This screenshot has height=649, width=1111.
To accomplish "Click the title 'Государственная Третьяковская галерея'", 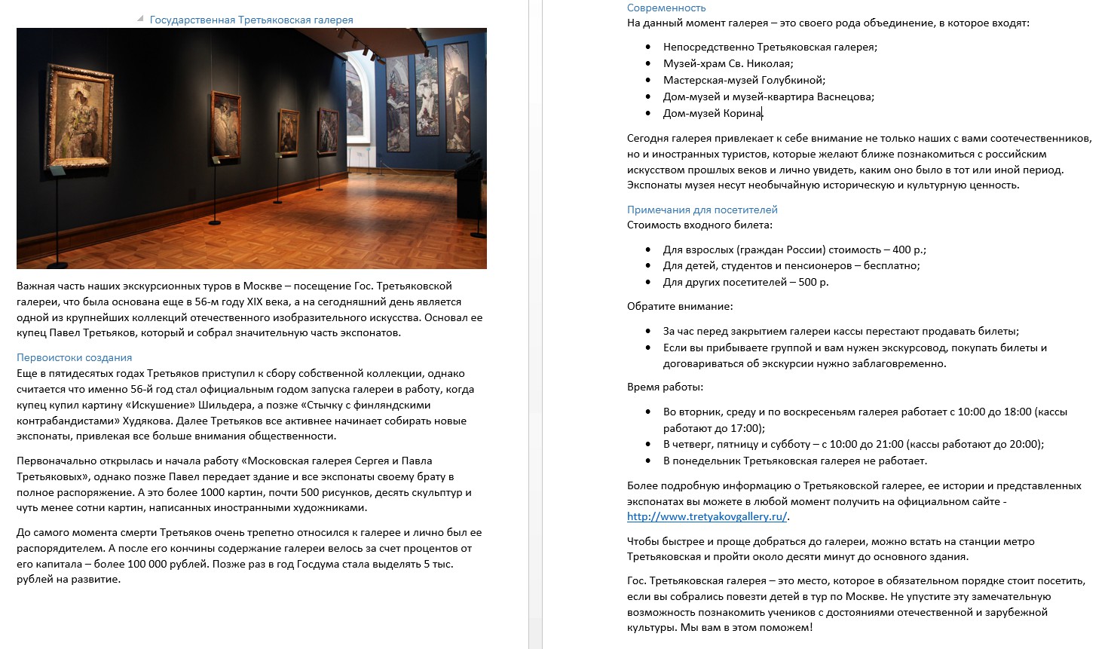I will pos(251,20).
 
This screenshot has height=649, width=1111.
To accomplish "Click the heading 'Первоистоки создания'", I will pos(74,358).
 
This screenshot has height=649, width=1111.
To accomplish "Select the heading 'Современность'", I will pos(666,8).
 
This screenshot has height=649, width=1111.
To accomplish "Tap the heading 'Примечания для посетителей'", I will pos(702,210).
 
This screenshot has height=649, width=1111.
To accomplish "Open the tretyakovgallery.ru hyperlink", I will pos(706,517).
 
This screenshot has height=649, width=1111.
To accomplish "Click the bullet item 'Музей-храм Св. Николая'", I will pos(727,64).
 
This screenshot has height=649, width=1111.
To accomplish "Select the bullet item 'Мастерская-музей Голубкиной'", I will pos(743,81).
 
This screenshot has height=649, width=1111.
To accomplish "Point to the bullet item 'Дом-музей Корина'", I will pos(712,114).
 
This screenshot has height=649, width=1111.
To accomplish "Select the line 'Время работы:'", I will pos(665,387).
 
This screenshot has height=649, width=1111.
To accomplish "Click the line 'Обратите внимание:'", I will pos(679,307).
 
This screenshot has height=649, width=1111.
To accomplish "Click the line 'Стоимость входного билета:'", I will pos(699,225).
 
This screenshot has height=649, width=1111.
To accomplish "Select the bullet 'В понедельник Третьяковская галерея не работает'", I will pos(794,461).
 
